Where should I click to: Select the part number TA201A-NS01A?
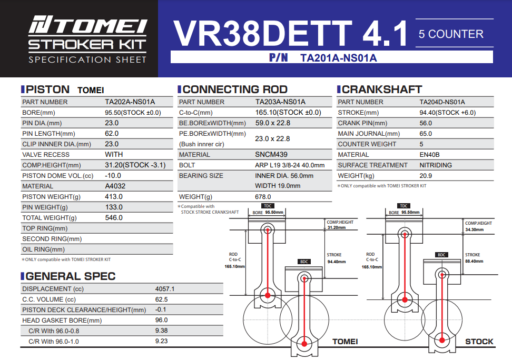(338, 58)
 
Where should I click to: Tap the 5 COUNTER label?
(451, 34)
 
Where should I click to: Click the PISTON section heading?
(47, 89)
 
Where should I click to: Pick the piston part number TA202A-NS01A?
(130, 102)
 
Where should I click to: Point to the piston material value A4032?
(116, 186)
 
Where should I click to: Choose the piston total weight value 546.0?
(114, 218)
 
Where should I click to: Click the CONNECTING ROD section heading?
(234, 89)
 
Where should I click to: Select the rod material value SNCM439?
(271, 155)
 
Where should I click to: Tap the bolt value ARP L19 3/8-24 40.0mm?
(290, 165)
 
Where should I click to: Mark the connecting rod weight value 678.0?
(263, 197)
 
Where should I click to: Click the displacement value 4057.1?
(165, 289)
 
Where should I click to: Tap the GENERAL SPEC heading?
(71, 276)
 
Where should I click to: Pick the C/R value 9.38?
(161, 331)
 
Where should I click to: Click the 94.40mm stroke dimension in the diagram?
(337, 262)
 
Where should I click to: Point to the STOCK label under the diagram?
(479, 342)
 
